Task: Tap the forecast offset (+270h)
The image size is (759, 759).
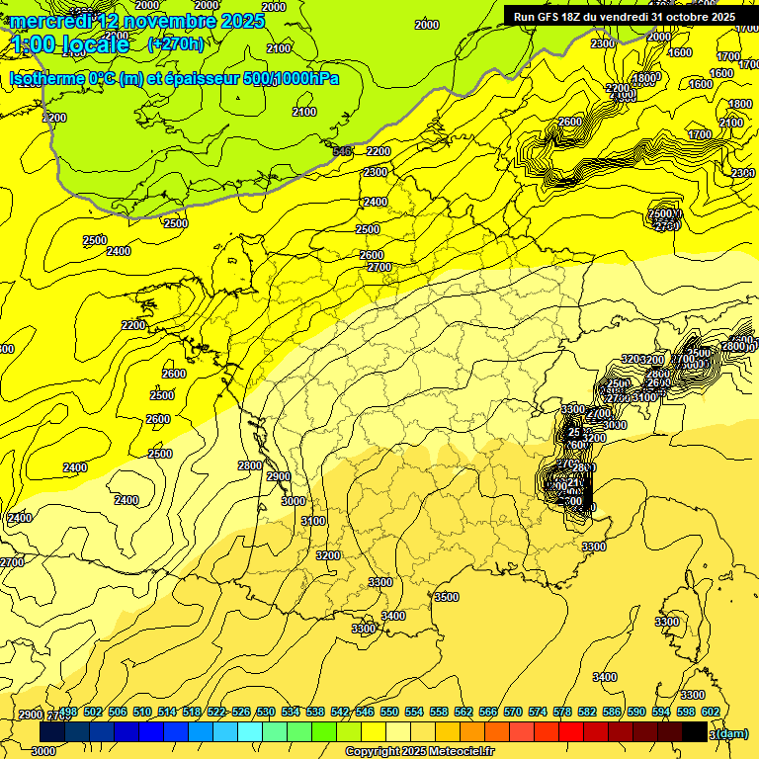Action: click(176, 43)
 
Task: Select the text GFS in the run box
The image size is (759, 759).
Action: click(551, 17)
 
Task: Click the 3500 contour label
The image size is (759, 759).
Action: click(447, 597)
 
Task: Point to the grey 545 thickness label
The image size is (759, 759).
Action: click(343, 150)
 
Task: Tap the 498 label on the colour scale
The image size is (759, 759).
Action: click(68, 712)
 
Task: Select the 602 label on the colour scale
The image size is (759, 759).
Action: click(711, 712)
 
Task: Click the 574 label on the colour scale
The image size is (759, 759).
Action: click(538, 712)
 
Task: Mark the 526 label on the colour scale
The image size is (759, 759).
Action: click(241, 712)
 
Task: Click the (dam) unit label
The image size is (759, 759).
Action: click(731, 733)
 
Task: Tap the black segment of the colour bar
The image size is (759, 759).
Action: click(695, 732)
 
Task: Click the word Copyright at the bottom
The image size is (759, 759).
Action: click(372, 752)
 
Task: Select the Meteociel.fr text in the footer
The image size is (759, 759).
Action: click(456, 752)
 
